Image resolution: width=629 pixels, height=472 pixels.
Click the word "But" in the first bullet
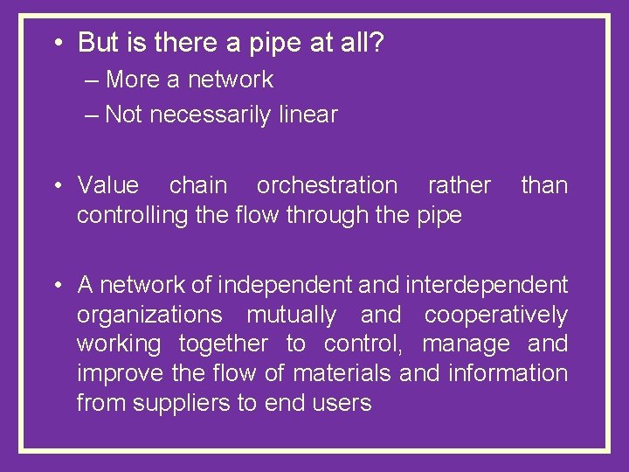(x=97, y=42)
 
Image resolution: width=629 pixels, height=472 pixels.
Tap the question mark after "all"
(x=375, y=42)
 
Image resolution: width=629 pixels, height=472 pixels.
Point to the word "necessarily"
(x=211, y=115)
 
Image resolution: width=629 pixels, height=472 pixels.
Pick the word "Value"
(x=107, y=185)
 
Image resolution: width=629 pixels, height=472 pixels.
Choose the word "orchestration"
(x=326, y=185)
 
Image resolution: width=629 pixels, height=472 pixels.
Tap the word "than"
(x=543, y=185)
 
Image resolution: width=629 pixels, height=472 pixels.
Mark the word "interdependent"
(x=494, y=285)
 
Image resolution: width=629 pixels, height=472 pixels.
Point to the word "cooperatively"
(x=495, y=315)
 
